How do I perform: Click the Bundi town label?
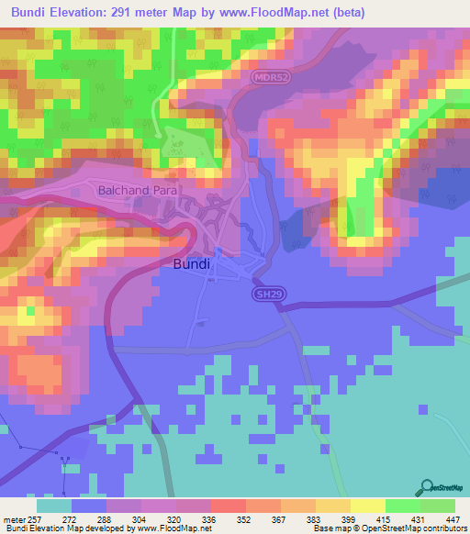pos(192,263)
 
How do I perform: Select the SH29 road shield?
pos(264,295)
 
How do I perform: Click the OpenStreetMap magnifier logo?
pos(427,487)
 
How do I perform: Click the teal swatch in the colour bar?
pos(54,506)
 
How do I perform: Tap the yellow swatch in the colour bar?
pos(368,506)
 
